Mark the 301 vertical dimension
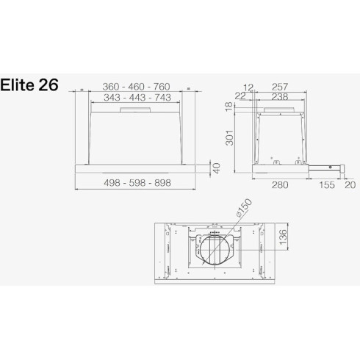pos(230,137)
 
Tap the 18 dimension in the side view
pos(229,107)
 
